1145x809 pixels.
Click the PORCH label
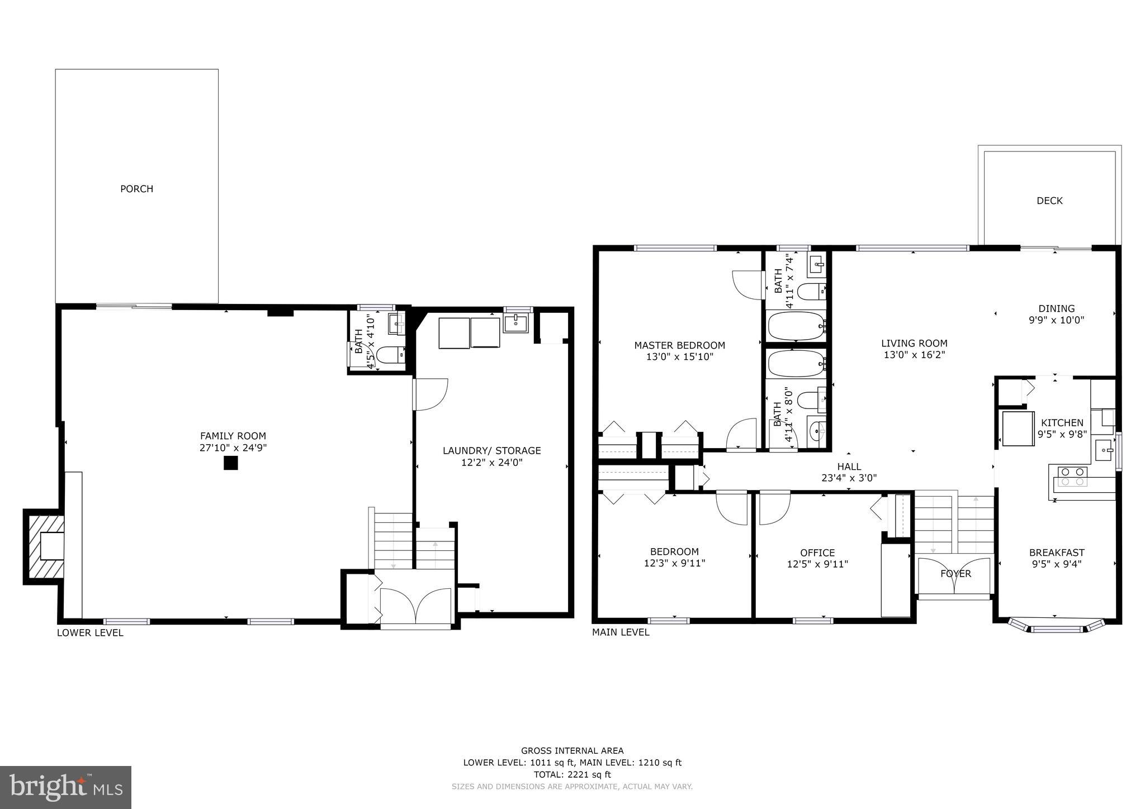[x=136, y=189]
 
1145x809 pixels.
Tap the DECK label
[x=1049, y=201]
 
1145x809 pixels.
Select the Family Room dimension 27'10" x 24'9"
[x=233, y=448]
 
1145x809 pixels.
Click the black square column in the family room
[x=230, y=463]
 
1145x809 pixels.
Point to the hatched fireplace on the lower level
[x=44, y=546]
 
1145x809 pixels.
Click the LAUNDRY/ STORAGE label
[x=491, y=450]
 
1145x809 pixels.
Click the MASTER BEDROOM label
[x=679, y=345]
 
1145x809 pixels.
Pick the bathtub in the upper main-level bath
[x=796, y=326]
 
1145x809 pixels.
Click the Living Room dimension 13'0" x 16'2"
[x=914, y=355]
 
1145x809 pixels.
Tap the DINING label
[x=1056, y=308]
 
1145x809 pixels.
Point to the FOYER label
[x=955, y=574]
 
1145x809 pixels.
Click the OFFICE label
[x=817, y=553]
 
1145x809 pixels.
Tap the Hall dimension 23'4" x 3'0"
[x=849, y=478]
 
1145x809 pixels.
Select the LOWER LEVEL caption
[x=90, y=632]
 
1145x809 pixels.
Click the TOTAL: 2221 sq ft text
[x=572, y=774]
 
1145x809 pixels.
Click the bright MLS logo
[x=65, y=787]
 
